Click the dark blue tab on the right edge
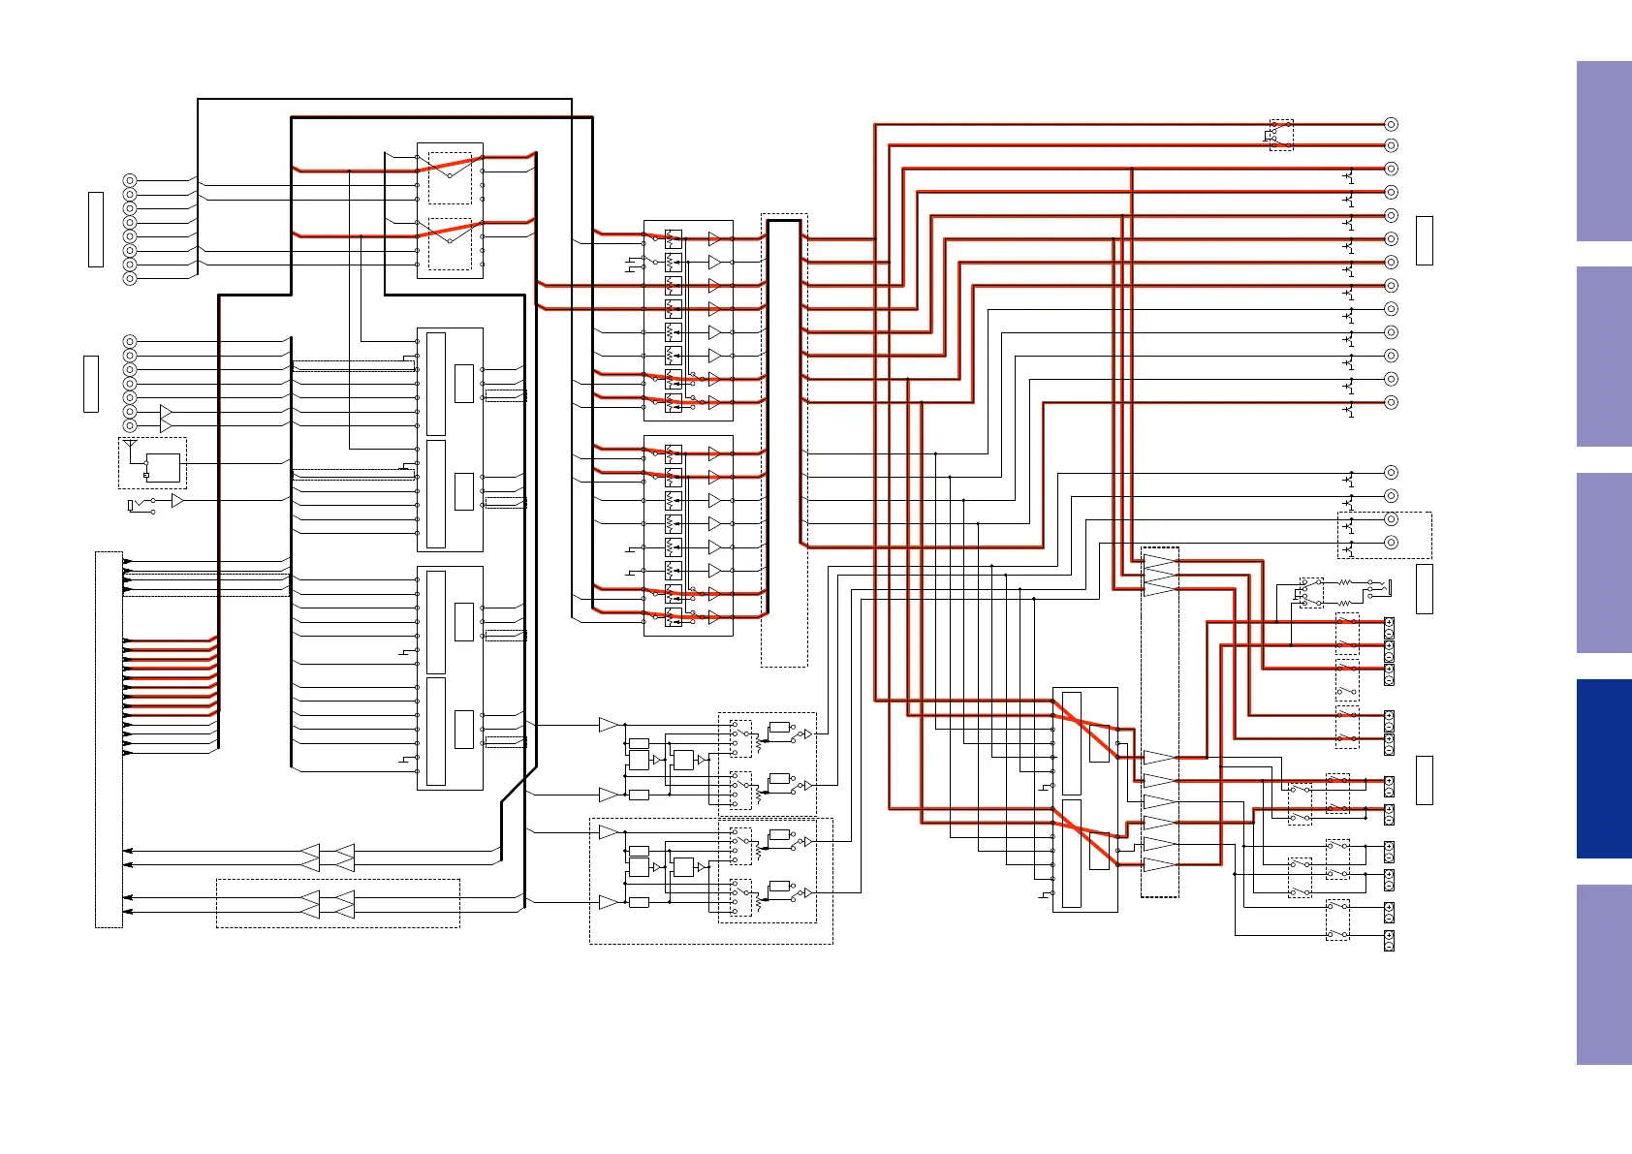[x=1603, y=768]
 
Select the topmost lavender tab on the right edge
[x=1603, y=151]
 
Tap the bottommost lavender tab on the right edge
[x=1603, y=974]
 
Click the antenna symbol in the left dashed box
[x=131, y=446]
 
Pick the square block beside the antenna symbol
[x=163, y=468]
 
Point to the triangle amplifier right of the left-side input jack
[x=177, y=501]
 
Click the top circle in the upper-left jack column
[x=130, y=180]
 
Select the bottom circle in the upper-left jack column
[x=130, y=278]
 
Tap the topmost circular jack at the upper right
[x=1391, y=124]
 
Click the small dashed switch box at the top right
[x=1281, y=135]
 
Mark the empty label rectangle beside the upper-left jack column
[x=96, y=229]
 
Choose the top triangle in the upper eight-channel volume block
[x=714, y=238]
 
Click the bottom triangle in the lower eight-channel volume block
[x=714, y=617]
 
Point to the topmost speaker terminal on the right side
[x=1389, y=623]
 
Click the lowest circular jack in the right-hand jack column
[x=1391, y=543]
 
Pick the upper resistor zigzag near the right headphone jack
[x=1344, y=583]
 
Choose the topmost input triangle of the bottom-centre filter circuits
[x=609, y=725]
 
